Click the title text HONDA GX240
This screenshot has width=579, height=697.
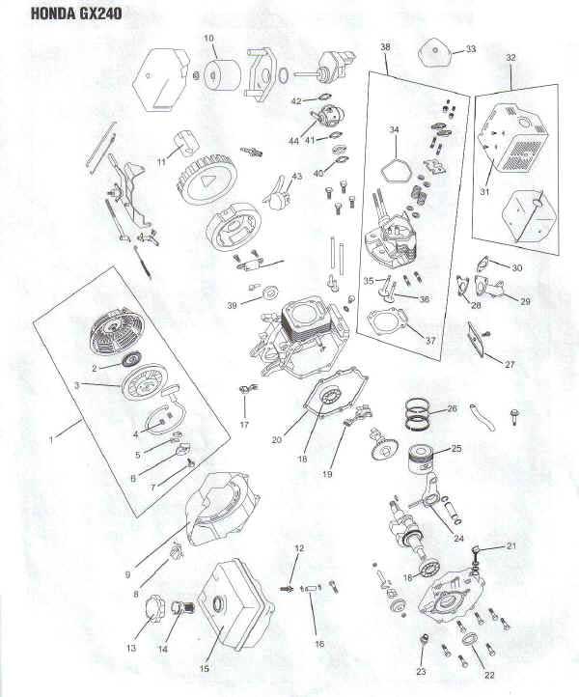76,14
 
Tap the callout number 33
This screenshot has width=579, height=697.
470,49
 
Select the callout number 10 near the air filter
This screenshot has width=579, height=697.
208,39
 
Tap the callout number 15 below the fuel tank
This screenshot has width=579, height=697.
204,668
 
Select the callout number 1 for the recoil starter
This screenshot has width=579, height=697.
51,440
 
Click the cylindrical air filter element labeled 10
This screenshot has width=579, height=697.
222,75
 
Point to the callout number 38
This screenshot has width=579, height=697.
385,46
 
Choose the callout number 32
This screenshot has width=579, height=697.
511,58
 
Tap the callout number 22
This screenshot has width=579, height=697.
489,675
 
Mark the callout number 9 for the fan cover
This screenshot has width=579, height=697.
128,574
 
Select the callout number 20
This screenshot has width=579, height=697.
276,440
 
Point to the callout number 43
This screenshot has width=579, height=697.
297,177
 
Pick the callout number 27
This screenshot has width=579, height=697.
510,365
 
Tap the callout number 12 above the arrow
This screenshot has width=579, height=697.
299,548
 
